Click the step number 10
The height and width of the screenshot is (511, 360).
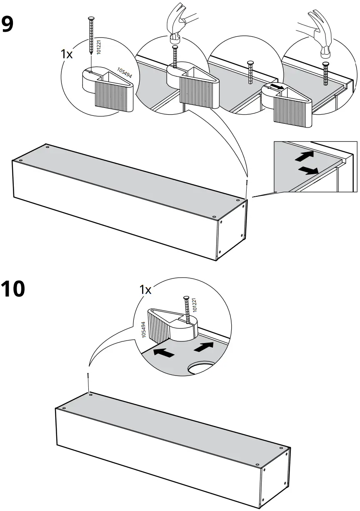coord(13,289)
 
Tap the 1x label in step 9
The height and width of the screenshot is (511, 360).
coord(66,54)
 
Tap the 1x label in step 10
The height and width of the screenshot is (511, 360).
coord(145,290)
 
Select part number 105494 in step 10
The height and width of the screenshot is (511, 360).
coord(143,329)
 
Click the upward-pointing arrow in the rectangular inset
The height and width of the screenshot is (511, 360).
coord(305,157)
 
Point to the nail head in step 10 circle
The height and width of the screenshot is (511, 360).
coord(186,298)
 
